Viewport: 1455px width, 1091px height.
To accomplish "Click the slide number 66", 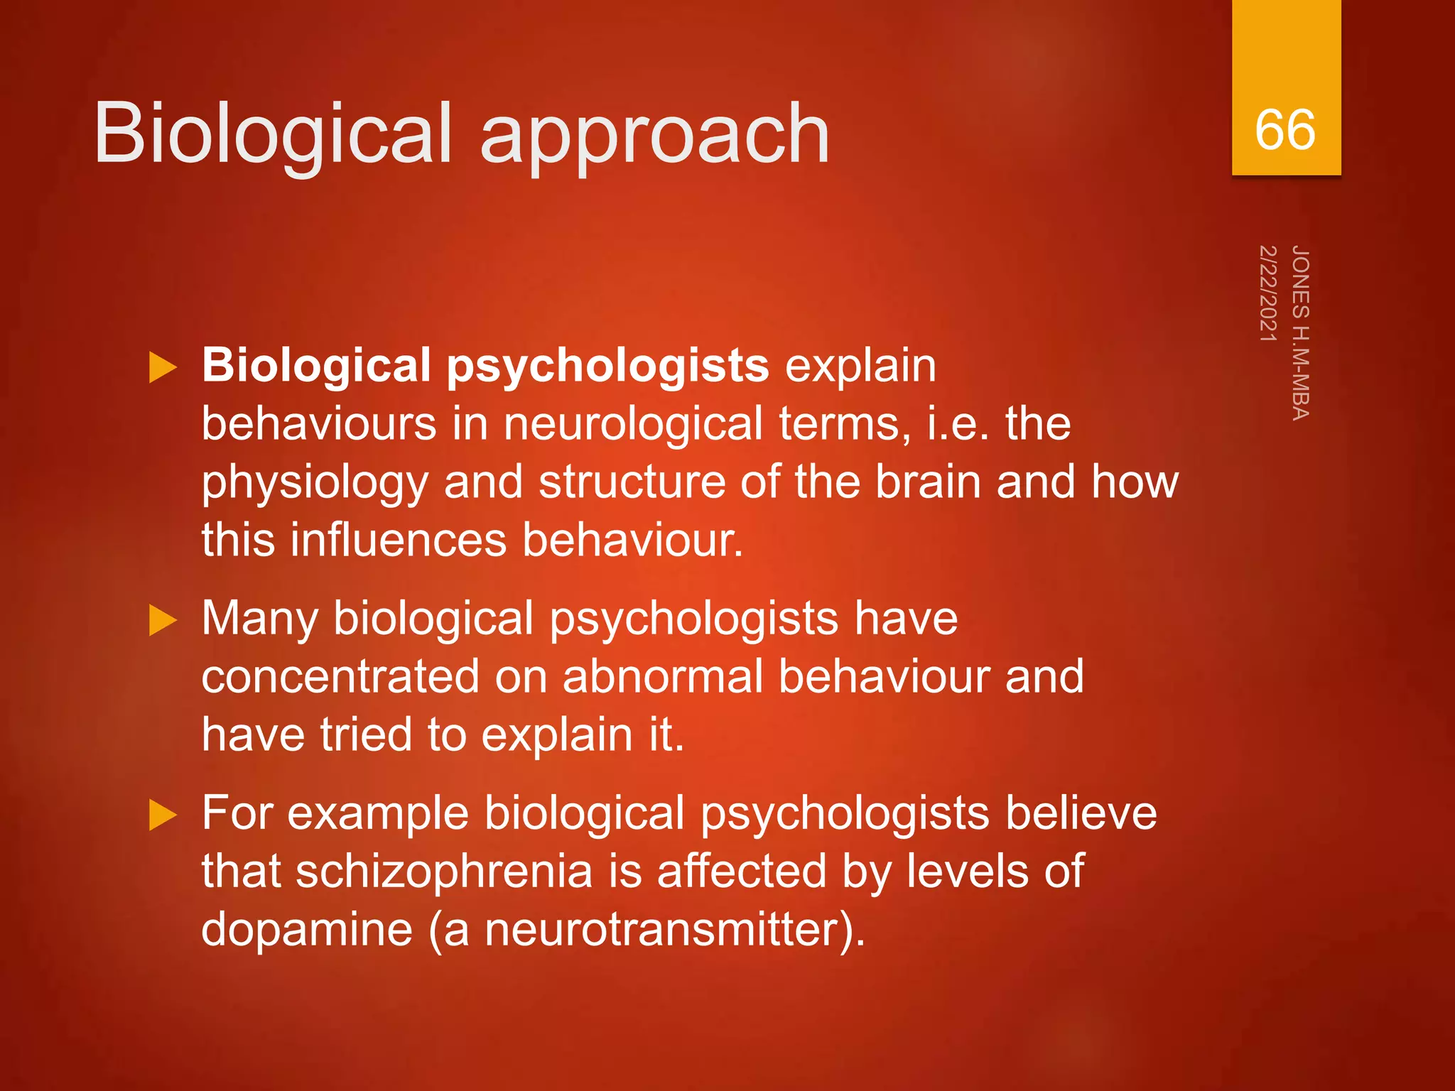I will click(1284, 130).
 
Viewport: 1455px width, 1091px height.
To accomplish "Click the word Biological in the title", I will click(272, 134).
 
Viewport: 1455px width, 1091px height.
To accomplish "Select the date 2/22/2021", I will click(1267, 293).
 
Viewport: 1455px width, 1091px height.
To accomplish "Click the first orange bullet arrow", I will click(163, 368).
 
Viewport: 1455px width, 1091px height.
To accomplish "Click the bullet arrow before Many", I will click(163, 621).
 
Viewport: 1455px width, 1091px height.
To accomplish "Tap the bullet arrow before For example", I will click(163, 815).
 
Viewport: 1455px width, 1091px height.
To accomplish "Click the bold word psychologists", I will click(607, 367).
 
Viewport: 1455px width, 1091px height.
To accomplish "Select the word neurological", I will click(633, 424).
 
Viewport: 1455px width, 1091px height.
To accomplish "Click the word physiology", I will click(315, 483).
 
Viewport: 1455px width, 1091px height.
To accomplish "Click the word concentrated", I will click(340, 676).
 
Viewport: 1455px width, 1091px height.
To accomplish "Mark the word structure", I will click(632, 482).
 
